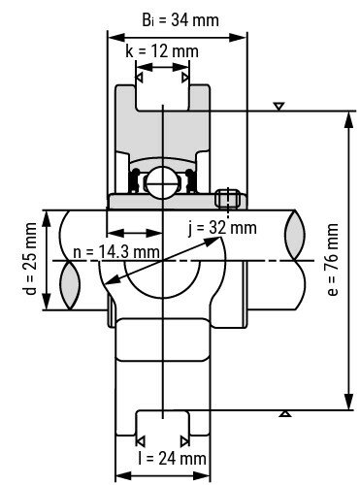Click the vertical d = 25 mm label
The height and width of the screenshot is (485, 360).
[x=30, y=260]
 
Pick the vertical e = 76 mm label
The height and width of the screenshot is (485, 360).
[x=333, y=261]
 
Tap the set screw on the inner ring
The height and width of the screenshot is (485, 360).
[x=230, y=199]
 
